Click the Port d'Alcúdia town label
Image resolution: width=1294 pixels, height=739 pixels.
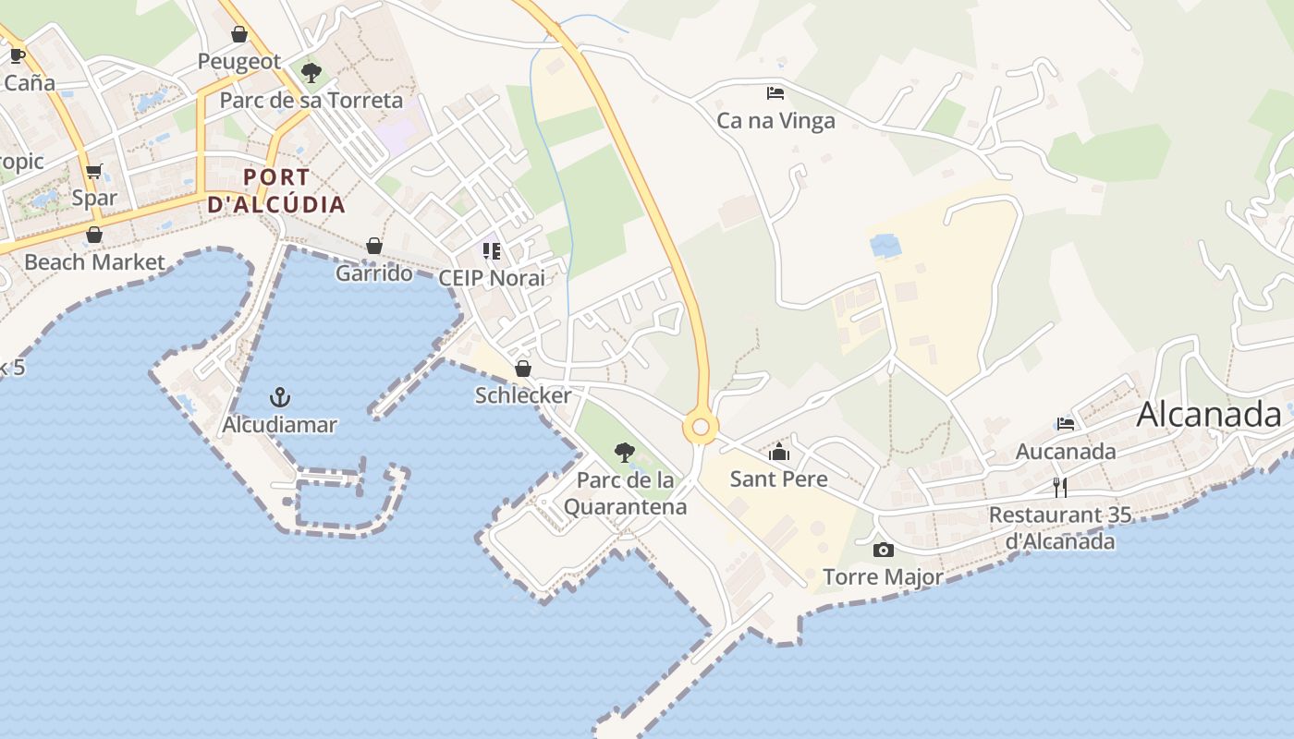[276, 190]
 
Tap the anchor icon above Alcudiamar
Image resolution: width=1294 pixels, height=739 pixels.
[279, 397]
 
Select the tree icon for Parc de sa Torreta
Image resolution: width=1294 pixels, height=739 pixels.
[311, 72]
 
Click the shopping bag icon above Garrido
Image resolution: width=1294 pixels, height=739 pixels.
[374, 246]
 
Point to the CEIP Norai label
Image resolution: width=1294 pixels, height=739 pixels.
[492, 278]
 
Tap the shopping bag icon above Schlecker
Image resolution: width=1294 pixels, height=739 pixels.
[523, 369]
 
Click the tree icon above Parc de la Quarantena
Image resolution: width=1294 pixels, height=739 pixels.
[625, 453]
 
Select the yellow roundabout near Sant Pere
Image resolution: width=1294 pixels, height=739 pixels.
[701, 427]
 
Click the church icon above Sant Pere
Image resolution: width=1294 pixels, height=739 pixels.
[779, 452]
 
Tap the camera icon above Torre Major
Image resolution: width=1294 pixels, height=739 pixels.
[884, 551]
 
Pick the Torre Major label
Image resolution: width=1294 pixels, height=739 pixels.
[884, 577]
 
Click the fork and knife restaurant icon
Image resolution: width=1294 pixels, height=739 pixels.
[1059, 487]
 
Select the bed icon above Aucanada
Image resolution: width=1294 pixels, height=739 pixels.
[1066, 424]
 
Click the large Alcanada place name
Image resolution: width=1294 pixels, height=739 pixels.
[1209, 415]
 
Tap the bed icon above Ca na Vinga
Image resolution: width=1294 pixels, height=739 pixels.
[775, 93]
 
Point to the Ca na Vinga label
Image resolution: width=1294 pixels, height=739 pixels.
[775, 121]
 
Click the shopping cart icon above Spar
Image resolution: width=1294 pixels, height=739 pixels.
[93, 171]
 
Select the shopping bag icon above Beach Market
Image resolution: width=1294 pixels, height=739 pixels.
[94, 235]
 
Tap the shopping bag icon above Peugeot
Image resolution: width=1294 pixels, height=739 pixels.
[239, 35]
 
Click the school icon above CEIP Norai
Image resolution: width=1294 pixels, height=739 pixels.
[492, 251]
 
